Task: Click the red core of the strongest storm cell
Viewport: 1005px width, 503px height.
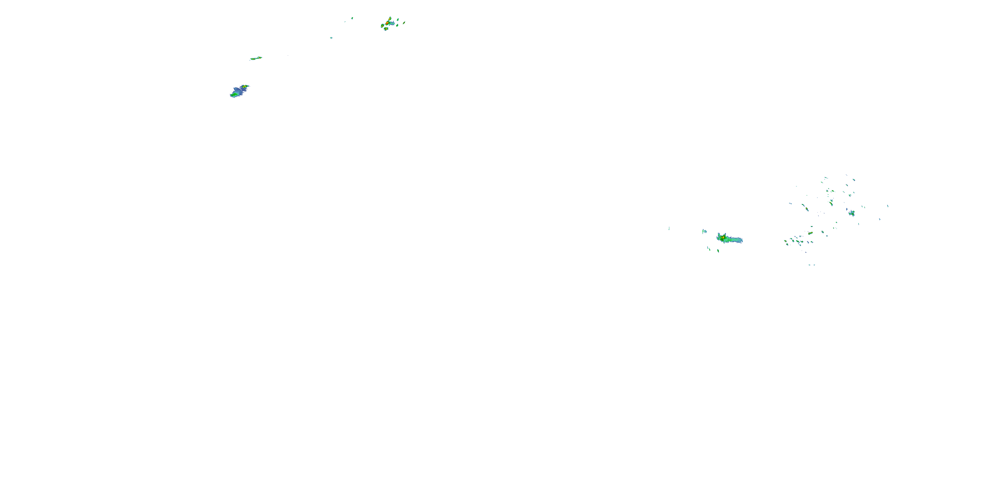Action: coord(387,23)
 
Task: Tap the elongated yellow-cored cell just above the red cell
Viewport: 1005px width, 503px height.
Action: coord(390,19)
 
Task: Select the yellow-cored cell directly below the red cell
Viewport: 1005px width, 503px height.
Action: coord(386,29)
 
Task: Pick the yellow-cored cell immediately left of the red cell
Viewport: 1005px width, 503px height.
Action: coord(382,26)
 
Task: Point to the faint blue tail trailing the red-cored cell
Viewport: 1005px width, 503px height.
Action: coord(393,24)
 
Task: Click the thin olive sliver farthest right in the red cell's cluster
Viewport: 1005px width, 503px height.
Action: coord(404,23)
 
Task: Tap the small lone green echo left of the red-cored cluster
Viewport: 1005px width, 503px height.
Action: coord(352,18)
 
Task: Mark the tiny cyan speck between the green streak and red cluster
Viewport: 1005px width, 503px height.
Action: coord(331,38)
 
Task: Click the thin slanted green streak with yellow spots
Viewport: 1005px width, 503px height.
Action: coord(256,59)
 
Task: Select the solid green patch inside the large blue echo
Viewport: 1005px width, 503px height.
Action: coord(234,94)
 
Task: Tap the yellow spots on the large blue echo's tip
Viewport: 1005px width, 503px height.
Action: coord(245,86)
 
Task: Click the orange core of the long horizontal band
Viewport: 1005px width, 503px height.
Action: coord(723,237)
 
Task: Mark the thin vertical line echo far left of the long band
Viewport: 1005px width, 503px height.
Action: coord(669,228)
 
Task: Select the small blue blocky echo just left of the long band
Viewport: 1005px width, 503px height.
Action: coord(706,232)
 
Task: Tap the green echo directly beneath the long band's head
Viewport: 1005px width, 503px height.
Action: coord(718,251)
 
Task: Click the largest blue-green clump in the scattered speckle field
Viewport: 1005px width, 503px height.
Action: coord(852,213)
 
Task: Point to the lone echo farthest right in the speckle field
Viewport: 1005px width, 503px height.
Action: coord(888,206)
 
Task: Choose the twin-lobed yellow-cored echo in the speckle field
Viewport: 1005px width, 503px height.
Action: coord(811,233)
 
